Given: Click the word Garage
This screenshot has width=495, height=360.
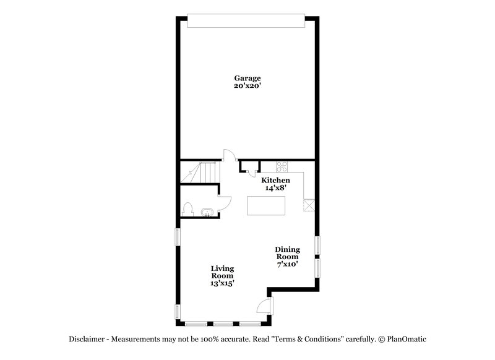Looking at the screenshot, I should pos(247,78).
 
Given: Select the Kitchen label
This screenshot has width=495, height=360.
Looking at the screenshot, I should pos(275,180).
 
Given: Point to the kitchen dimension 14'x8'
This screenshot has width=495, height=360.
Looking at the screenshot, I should pos(275,188).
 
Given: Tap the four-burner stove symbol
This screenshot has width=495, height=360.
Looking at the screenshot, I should pos(282,166).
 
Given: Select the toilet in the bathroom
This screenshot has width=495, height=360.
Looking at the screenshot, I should pos(189,208).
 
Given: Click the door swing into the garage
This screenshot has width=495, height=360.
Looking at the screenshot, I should pos(228,155).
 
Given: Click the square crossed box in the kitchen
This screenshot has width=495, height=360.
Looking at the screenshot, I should pos(309,205).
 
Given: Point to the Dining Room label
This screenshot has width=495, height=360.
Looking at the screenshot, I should pos(287,253).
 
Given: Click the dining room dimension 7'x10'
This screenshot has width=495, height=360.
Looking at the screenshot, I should pos(287,264).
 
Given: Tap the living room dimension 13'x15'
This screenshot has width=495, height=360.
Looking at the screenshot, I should pos(222,283).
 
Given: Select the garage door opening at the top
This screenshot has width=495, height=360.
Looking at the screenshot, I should pos(247,22).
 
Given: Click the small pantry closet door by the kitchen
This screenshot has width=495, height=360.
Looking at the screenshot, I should pos(248,166).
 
